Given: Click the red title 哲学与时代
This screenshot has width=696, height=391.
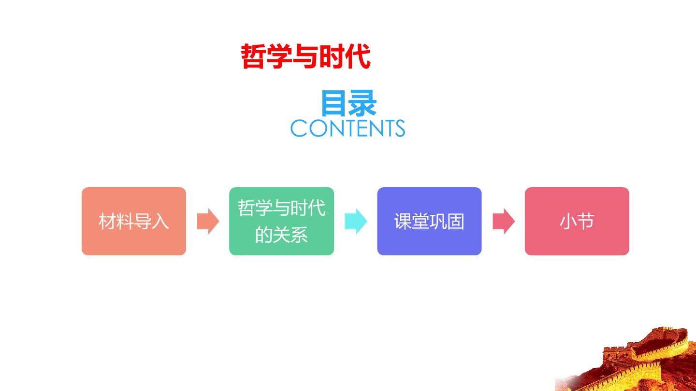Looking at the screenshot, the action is coord(306,56).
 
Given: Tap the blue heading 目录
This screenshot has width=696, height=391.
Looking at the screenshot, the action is coord(348,103).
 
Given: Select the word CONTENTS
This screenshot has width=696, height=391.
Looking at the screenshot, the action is coord(348,128).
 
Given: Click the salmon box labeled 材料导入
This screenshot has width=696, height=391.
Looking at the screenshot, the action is coord(134,221).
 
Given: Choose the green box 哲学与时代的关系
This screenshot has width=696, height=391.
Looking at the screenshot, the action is coord(281,221).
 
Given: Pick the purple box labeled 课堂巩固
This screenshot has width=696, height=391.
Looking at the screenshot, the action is coord(429,221).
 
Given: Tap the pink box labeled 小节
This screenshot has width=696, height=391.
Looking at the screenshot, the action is coord(577,221).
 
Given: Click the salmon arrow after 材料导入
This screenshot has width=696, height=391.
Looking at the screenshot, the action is coord(208,221).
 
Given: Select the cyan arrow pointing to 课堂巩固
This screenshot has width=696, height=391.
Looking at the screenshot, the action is coord(356,221).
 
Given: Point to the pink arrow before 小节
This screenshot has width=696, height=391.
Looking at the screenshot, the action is coord(504,221).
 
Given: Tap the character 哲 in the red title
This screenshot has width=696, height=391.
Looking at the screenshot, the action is coord(254,56).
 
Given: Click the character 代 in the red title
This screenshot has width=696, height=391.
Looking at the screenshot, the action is coord(358,56).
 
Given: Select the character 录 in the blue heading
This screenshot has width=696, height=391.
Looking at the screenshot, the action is coord(362,103).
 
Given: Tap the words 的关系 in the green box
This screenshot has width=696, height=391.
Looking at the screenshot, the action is coord(281,235).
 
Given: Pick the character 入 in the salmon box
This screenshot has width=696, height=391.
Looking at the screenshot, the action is coord(160,221).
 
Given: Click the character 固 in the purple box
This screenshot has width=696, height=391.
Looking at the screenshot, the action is coord(456,221).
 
